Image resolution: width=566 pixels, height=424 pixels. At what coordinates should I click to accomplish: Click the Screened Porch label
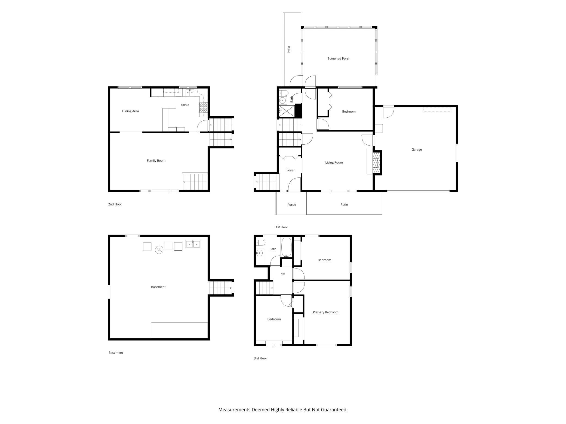(339, 58)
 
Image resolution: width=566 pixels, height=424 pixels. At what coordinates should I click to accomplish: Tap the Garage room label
(417, 149)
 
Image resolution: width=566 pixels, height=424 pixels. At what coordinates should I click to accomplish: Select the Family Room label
(156, 161)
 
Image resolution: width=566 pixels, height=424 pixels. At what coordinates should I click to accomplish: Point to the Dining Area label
(130, 111)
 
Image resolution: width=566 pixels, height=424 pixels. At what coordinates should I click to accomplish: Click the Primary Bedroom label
(325, 312)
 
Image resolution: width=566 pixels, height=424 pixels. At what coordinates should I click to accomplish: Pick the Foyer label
(291, 170)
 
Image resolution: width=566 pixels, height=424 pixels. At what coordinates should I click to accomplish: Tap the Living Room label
(334, 163)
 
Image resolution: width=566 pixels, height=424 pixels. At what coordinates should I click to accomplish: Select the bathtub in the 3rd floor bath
(286, 248)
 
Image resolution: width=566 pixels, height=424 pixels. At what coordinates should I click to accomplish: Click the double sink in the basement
(193, 244)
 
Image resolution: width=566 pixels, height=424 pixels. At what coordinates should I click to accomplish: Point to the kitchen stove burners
(203, 107)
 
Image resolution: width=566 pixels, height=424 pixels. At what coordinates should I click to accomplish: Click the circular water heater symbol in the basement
(159, 250)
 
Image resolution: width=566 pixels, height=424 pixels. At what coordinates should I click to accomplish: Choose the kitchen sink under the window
(190, 93)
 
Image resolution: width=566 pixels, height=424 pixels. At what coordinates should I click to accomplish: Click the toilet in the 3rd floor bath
(260, 243)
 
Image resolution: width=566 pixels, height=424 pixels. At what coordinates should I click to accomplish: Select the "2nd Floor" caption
(115, 204)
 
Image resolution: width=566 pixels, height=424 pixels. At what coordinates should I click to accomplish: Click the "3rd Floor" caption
(260, 358)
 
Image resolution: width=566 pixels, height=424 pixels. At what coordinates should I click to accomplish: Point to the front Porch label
(291, 205)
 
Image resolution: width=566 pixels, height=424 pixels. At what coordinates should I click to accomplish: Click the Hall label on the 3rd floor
(283, 274)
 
